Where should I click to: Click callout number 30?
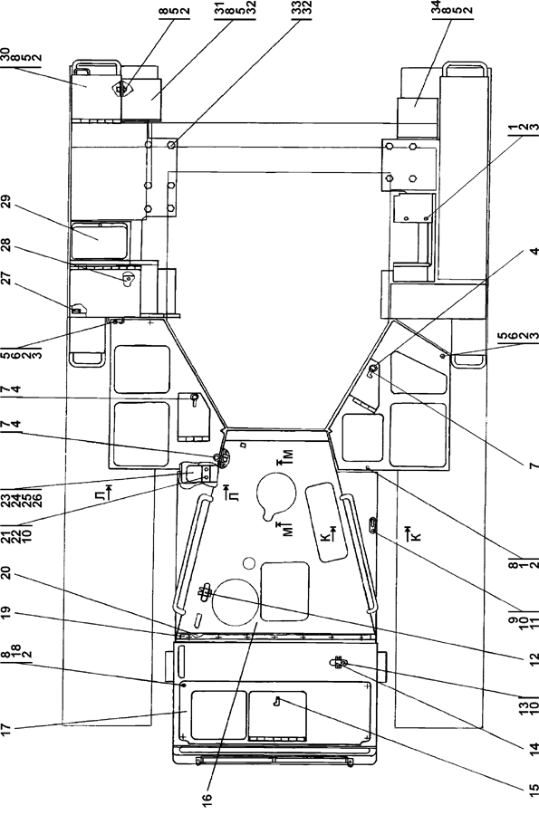pos(5,53)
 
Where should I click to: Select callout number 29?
pos(5,202)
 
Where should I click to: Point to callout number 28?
pos(5,244)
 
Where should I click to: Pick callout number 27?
pos(5,279)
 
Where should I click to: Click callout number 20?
pos(5,572)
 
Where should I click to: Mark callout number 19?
pos(5,617)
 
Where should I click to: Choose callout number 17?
pos(5,729)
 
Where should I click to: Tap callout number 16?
pos(207,797)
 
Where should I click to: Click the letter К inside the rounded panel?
pos(326,537)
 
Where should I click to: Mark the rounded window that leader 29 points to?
pos(100,241)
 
